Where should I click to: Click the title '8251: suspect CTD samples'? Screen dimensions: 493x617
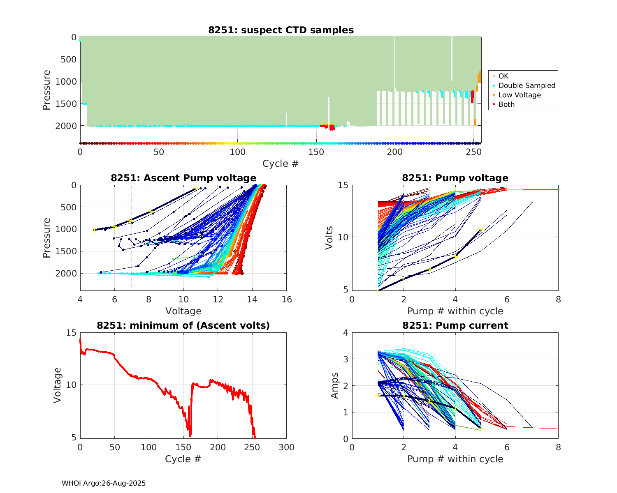tap(281, 30)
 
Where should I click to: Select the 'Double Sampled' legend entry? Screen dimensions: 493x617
tap(527, 85)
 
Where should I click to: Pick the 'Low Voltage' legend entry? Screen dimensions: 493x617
tap(520, 95)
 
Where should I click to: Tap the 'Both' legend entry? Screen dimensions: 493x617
tap(506, 104)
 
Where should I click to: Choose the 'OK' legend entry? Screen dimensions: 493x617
tap(503, 76)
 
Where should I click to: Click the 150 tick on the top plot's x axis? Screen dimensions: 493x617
tap(316, 152)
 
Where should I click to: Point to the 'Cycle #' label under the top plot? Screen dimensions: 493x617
tap(281, 164)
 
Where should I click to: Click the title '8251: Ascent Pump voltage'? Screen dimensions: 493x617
tap(183, 178)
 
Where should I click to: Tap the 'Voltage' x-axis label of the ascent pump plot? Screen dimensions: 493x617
tap(183, 311)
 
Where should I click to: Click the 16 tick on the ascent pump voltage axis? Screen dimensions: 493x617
tap(287, 299)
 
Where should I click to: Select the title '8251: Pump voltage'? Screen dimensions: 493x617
tap(455, 178)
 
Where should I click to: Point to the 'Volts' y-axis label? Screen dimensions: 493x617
tap(329, 237)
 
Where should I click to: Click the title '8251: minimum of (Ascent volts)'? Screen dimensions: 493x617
tap(183, 325)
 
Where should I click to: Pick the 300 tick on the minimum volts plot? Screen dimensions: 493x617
tap(287, 447)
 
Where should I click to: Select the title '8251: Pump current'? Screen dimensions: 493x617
tap(455, 325)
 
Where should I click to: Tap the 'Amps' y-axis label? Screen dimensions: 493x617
tap(335, 385)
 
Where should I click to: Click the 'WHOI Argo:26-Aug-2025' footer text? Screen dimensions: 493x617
tap(104, 483)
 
